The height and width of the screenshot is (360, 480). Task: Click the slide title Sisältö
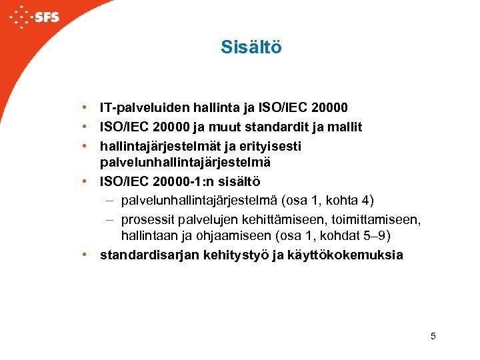coord(251,48)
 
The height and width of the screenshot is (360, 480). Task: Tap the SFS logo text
coord(46,17)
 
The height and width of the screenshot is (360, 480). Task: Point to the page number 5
coord(433,336)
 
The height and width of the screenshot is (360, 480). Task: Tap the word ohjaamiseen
coord(230,237)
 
